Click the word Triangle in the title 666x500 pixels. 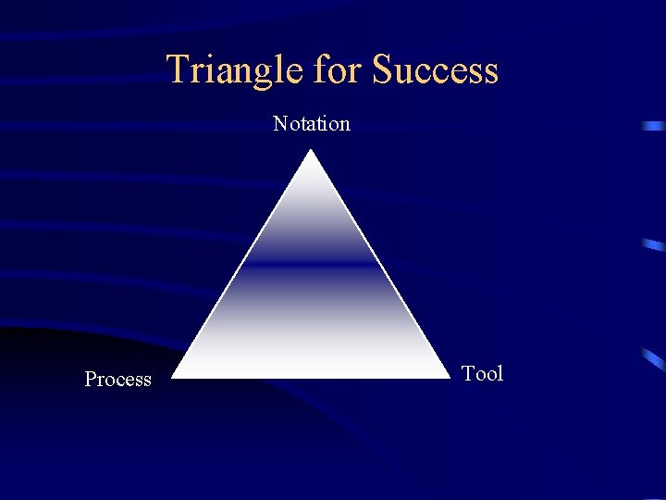[235, 70]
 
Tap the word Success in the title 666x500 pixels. [435, 70]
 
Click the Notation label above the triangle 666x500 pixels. [312, 123]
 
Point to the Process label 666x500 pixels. [117, 379]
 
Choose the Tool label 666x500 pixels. [482, 373]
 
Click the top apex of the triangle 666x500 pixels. [313, 152]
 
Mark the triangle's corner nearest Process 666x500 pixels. [175, 377]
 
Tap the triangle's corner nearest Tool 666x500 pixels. [449, 377]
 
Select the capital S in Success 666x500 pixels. [383, 70]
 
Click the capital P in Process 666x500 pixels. [91, 379]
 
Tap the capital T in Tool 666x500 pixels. [468, 373]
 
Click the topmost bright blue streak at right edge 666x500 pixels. [654, 125]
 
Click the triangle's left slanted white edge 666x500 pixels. [243, 265]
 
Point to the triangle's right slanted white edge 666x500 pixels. [381, 265]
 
